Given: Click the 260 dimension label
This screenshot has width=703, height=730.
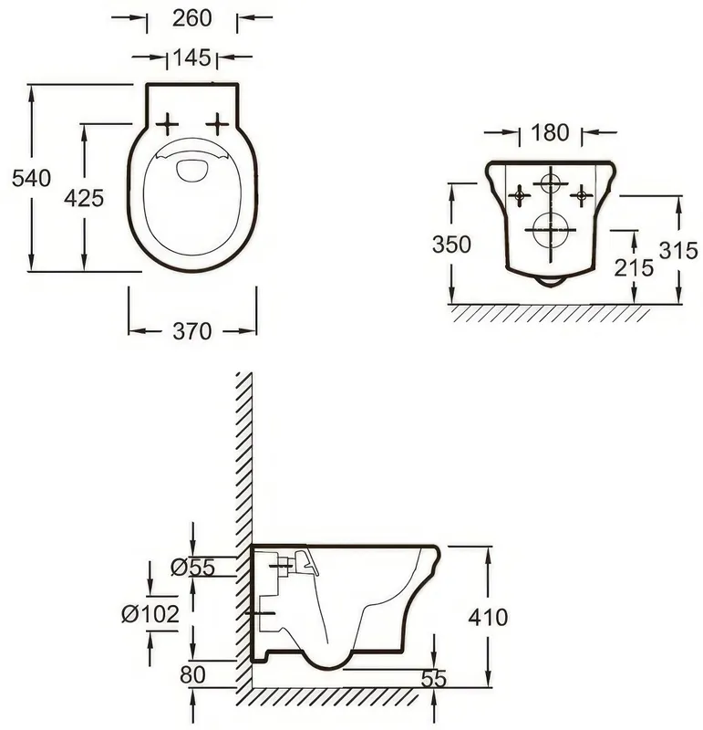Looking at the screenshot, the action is tap(191, 18).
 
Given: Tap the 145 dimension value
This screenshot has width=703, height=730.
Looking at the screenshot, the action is tap(191, 57).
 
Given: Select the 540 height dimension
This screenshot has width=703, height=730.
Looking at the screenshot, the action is tap(31, 178).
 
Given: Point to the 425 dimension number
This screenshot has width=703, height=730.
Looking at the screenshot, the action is tap(84, 198).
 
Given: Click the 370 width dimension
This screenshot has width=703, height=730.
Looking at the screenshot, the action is tap(192, 331).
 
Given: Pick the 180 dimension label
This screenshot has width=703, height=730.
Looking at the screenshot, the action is tap(550, 132).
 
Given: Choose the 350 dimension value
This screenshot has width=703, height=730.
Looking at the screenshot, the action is tap(451, 245).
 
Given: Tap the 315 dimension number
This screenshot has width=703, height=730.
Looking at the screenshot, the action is tap(678, 251).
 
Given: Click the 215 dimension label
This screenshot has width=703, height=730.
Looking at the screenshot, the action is tap(634, 267).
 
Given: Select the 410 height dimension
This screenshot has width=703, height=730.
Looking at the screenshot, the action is tap(488, 618).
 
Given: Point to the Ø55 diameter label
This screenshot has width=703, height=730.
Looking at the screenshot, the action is tap(192, 567).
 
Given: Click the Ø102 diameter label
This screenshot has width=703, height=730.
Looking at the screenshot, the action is tap(150, 614).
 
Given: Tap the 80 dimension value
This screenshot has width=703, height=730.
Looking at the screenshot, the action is tap(192, 675).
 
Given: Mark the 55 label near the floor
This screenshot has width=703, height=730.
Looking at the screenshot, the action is tap(434, 679).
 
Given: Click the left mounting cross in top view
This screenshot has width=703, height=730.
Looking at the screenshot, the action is tap(167, 124).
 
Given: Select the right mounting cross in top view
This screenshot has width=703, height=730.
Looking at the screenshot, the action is tap(217, 124).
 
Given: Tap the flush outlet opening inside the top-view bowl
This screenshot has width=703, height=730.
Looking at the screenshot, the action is tap(192, 171).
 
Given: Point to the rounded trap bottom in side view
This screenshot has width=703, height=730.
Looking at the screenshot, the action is tap(327, 668).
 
